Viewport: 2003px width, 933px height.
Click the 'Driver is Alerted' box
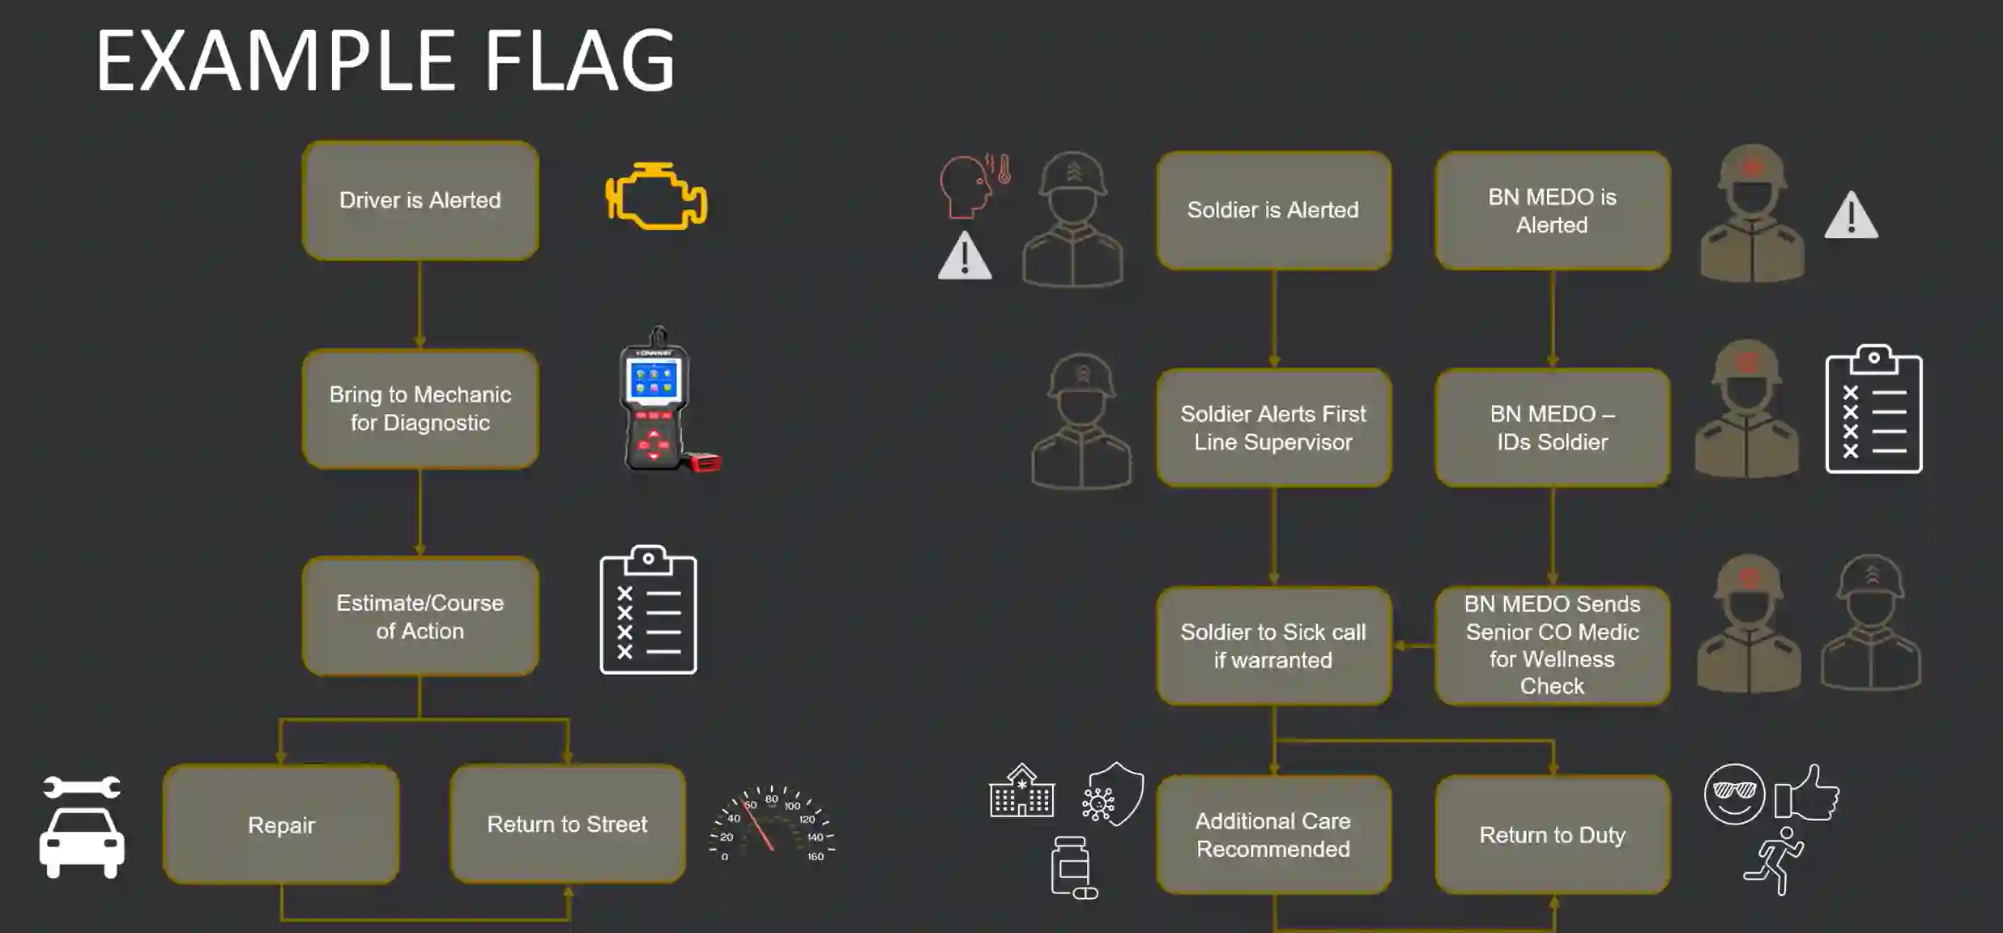click(420, 201)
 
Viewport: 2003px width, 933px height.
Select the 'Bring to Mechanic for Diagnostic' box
click(420, 409)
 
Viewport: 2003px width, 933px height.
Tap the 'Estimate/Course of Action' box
click(420, 616)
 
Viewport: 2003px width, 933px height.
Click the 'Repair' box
click(281, 824)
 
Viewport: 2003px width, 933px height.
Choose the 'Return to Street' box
click(568, 824)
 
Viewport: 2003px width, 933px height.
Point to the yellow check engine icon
click(656, 197)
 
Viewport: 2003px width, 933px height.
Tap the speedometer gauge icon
click(772, 822)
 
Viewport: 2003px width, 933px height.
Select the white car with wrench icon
click(82, 826)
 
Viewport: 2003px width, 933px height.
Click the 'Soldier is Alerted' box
click(1274, 211)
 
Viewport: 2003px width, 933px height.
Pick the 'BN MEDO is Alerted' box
click(1553, 211)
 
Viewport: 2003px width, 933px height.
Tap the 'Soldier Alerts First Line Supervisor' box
click(1274, 428)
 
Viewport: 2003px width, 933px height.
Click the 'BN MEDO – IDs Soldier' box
click(1553, 428)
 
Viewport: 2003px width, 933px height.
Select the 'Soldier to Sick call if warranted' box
click(1274, 646)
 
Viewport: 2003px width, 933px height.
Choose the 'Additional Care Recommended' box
click(1274, 835)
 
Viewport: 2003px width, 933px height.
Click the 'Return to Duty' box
click(1553, 835)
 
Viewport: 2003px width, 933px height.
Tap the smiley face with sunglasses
click(1734, 794)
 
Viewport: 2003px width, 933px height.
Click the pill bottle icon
click(1073, 867)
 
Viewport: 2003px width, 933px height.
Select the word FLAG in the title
click(579, 61)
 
